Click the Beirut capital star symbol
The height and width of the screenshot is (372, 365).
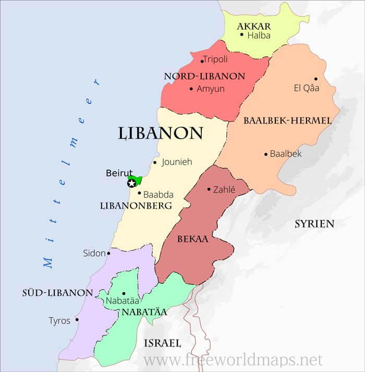pyautogui.click(x=131, y=183)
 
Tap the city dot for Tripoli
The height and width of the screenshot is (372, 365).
pyautogui.click(x=202, y=61)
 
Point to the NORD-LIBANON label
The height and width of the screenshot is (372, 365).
pyautogui.click(x=204, y=76)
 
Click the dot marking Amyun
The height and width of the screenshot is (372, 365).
pyautogui.click(x=191, y=89)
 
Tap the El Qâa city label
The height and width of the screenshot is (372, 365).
pyautogui.click(x=307, y=88)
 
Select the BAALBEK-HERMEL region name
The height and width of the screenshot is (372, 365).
pyautogui.click(x=287, y=121)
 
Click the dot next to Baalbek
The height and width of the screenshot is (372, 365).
pyautogui.click(x=265, y=154)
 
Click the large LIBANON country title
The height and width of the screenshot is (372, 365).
pyautogui.click(x=160, y=133)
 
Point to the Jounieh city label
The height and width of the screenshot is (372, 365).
pyautogui.click(x=177, y=162)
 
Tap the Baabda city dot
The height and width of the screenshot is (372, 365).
pyautogui.click(x=139, y=193)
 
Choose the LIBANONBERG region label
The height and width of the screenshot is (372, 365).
pyautogui.click(x=136, y=206)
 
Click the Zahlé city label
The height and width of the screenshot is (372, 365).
pyautogui.click(x=224, y=190)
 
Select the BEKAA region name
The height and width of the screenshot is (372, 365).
pyautogui.click(x=192, y=239)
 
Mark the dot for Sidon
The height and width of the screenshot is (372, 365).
pyautogui.click(x=108, y=254)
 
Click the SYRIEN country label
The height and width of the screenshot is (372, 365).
pyautogui.click(x=314, y=224)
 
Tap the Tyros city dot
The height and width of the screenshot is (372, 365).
pyautogui.click(x=77, y=320)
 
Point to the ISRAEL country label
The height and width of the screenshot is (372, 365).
pyautogui.click(x=162, y=343)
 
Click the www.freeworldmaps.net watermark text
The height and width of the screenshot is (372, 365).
pyautogui.click(x=233, y=359)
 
